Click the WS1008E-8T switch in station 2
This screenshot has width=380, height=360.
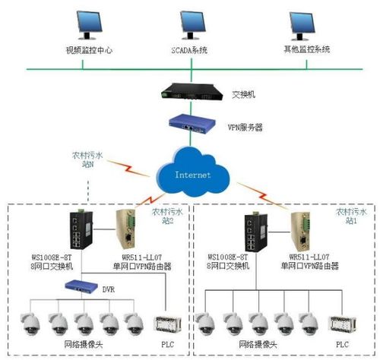pos(79,231)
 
